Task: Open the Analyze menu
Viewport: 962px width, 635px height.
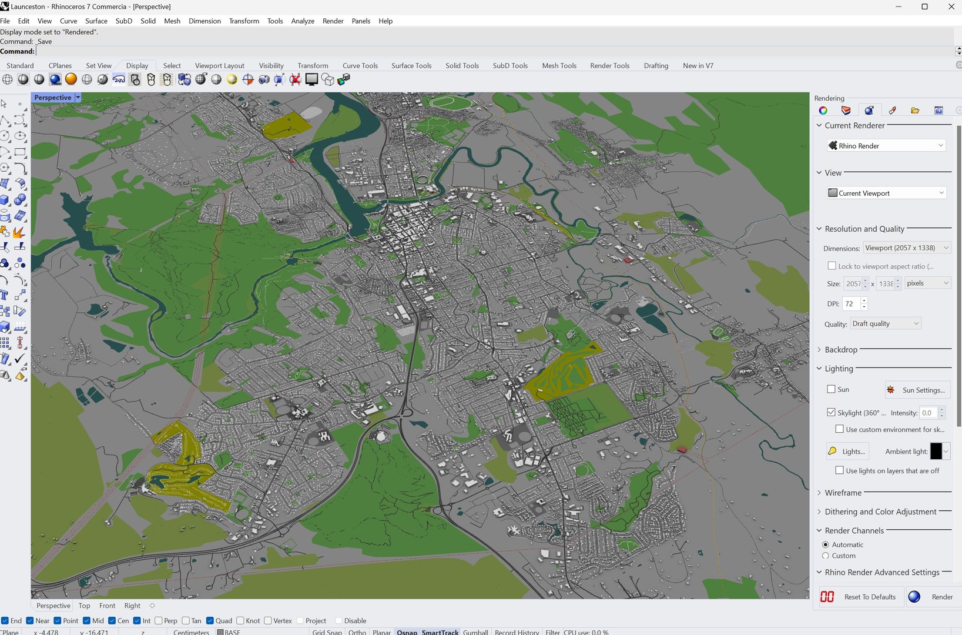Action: [303, 21]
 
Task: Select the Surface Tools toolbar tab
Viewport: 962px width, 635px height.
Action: [411, 66]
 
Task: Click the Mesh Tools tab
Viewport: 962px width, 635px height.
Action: [559, 66]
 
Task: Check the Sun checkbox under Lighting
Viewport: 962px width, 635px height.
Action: [831, 389]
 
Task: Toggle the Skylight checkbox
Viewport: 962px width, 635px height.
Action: [831, 413]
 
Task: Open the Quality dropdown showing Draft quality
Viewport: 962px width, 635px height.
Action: [885, 324]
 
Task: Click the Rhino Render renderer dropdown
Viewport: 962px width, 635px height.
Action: [886, 146]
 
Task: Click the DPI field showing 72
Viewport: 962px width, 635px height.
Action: [851, 304]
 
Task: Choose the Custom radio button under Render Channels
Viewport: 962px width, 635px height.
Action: [826, 556]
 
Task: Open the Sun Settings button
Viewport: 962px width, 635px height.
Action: [917, 390]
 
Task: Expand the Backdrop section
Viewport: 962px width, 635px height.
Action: [841, 350]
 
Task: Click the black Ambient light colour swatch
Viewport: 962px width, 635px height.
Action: [936, 452]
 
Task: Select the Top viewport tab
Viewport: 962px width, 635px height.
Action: [85, 606]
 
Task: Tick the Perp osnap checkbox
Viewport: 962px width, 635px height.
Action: [159, 621]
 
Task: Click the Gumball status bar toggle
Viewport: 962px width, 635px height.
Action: [475, 632]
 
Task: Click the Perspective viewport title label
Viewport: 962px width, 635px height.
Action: [53, 98]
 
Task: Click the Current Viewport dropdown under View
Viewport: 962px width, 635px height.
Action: [886, 193]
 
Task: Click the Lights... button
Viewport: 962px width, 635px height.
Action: [848, 452]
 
